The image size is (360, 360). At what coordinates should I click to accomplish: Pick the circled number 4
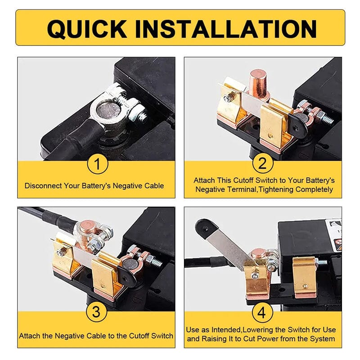pyautogui.click(x=263, y=312)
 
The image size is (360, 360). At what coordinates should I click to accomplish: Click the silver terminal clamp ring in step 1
pyautogui.click(x=110, y=109)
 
